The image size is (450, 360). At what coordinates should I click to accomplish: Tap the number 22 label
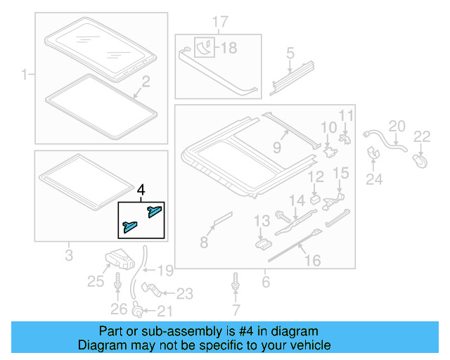pos(421,136)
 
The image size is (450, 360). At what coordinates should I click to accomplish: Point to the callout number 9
pos(277,148)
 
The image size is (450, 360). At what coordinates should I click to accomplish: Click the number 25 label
pos(96,283)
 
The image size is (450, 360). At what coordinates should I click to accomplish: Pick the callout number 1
pos(25,74)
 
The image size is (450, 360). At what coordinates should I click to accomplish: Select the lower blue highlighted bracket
pos(131,225)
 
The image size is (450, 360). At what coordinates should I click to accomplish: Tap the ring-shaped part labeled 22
pos(420,161)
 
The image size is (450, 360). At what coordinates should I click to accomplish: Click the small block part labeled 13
pos(262,242)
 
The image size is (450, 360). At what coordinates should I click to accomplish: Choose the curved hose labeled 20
pos(382,139)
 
